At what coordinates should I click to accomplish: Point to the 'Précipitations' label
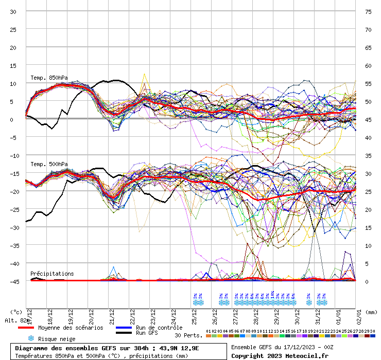pyautogui.click(x=52, y=274)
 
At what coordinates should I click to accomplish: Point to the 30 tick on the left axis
pyautogui.click(x=13, y=11)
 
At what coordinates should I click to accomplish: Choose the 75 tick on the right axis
pyautogui.click(x=368, y=11)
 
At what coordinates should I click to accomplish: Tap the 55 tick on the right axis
pyautogui.click(x=368, y=83)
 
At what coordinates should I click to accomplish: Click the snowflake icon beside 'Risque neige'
pyautogui.click(x=30, y=338)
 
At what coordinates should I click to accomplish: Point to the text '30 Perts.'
pyautogui.click(x=188, y=335)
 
